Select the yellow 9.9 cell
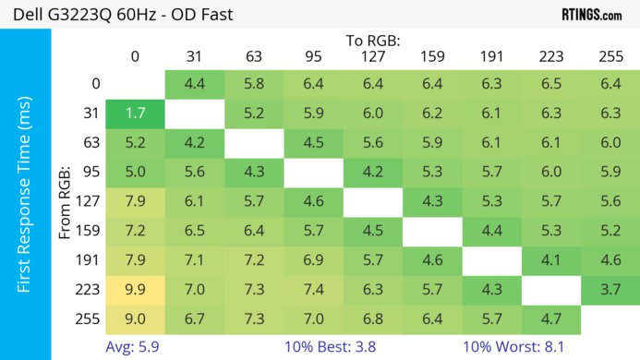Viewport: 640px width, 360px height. pyautogui.click(x=135, y=291)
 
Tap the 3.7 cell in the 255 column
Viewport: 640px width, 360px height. pyautogui.click(x=610, y=291)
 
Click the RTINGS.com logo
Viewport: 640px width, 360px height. pyautogui.click(x=591, y=15)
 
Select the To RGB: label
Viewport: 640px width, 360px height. pyautogui.click(x=374, y=41)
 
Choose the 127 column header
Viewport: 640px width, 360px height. pyautogui.click(x=373, y=56)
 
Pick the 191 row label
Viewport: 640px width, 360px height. pyautogui.click(x=90, y=261)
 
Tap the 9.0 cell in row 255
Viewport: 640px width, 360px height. pyautogui.click(x=135, y=319)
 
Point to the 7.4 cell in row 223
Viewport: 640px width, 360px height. pyautogui.click(x=314, y=291)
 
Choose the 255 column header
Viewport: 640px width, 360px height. pyautogui.click(x=610, y=56)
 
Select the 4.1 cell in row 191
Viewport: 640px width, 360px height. pyautogui.click(x=551, y=261)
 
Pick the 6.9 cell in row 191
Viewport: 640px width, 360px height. pyautogui.click(x=314, y=261)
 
